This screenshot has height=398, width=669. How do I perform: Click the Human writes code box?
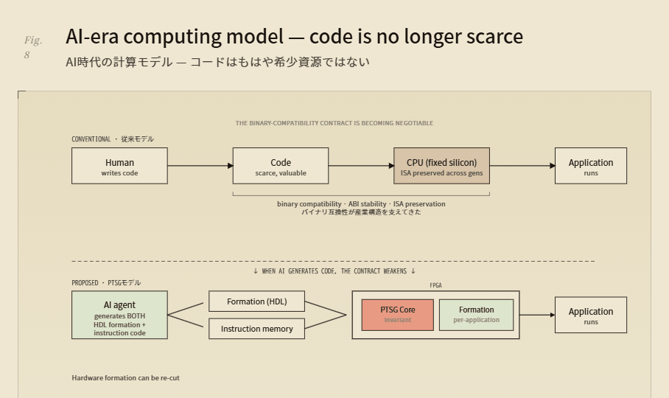coord(119,166)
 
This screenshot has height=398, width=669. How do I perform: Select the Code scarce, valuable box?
coord(281,166)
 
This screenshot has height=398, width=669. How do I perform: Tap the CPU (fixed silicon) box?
coord(441,166)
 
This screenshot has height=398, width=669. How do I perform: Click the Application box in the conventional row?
coord(591,166)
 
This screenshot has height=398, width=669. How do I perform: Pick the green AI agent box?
coord(119,315)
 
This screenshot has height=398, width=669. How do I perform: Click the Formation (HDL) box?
coord(257,301)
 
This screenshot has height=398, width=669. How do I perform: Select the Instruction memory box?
coord(257,329)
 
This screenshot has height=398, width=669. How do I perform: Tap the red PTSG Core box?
coord(398,315)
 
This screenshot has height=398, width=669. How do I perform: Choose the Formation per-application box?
coord(476,315)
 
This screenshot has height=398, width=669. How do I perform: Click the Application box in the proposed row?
coord(591,315)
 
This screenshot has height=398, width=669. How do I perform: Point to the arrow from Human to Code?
coord(200,166)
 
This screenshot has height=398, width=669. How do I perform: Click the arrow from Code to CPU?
coord(361,166)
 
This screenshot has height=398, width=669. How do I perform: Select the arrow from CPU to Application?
coord(522,166)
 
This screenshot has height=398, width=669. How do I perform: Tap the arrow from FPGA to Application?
coord(538,315)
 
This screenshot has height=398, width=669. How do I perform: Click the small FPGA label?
coord(435,285)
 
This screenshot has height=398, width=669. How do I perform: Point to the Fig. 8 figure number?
coord(33,47)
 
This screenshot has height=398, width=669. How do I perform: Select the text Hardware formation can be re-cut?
coord(125,378)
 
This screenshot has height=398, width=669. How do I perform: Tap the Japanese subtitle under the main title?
coord(217,62)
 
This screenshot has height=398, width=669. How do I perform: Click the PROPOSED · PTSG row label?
coord(106,283)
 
